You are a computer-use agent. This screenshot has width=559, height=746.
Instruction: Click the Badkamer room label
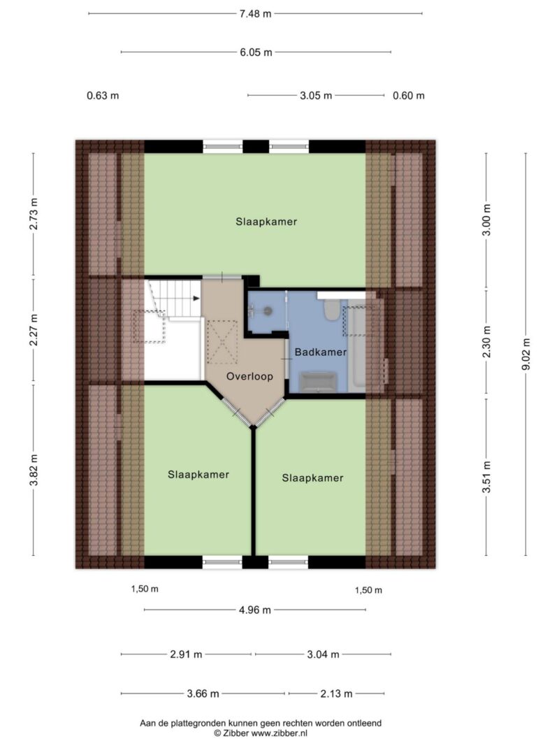pyautogui.click(x=321, y=352)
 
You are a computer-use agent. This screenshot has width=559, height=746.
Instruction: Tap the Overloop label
pyautogui.click(x=249, y=376)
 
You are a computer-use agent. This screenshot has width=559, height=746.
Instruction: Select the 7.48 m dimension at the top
pyautogui.click(x=255, y=14)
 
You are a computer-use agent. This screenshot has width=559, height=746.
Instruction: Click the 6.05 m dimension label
pyautogui.click(x=256, y=52)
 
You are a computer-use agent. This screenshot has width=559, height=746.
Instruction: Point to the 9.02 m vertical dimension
pyautogui.click(x=525, y=354)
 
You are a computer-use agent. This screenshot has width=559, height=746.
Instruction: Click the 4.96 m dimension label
pyautogui.click(x=255, y=610)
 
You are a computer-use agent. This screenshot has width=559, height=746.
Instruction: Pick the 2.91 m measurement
pyautogui.click(x=186, y=654)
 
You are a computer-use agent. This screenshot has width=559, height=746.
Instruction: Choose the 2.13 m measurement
pyautogui.click(x=336, y=694)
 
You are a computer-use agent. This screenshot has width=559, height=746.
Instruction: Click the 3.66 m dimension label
pyautogui.click(x=203, y=694)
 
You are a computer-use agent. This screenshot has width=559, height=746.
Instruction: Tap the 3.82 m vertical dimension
pyautogui.click(x=34, y=470)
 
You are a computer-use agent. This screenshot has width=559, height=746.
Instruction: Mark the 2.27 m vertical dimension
pyautogui.click(x=34, y=330)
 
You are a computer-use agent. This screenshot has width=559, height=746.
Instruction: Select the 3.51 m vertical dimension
pyautogui.click(x=486, y=478)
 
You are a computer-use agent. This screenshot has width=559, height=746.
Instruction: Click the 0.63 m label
pyautogui.click(x=103, y=96)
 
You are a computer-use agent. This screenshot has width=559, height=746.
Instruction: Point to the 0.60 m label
pyautogui.click(x=408, y=96)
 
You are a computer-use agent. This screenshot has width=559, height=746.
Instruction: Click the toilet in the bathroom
pyautogui.click(x=330, y=310)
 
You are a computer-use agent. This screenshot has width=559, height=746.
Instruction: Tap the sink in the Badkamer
pyautogui.click(x=317, y=382)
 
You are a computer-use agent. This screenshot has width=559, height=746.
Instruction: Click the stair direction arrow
pyautogui.click(x=196, y=299)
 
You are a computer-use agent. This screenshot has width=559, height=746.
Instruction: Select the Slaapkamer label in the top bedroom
pyautogui.click(x=266, y=222)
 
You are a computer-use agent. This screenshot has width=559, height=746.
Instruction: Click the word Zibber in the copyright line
pyautogui.click(x=235, y=733)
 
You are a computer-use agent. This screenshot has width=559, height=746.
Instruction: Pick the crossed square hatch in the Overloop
pyautogui.click(x=222, y=342)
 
